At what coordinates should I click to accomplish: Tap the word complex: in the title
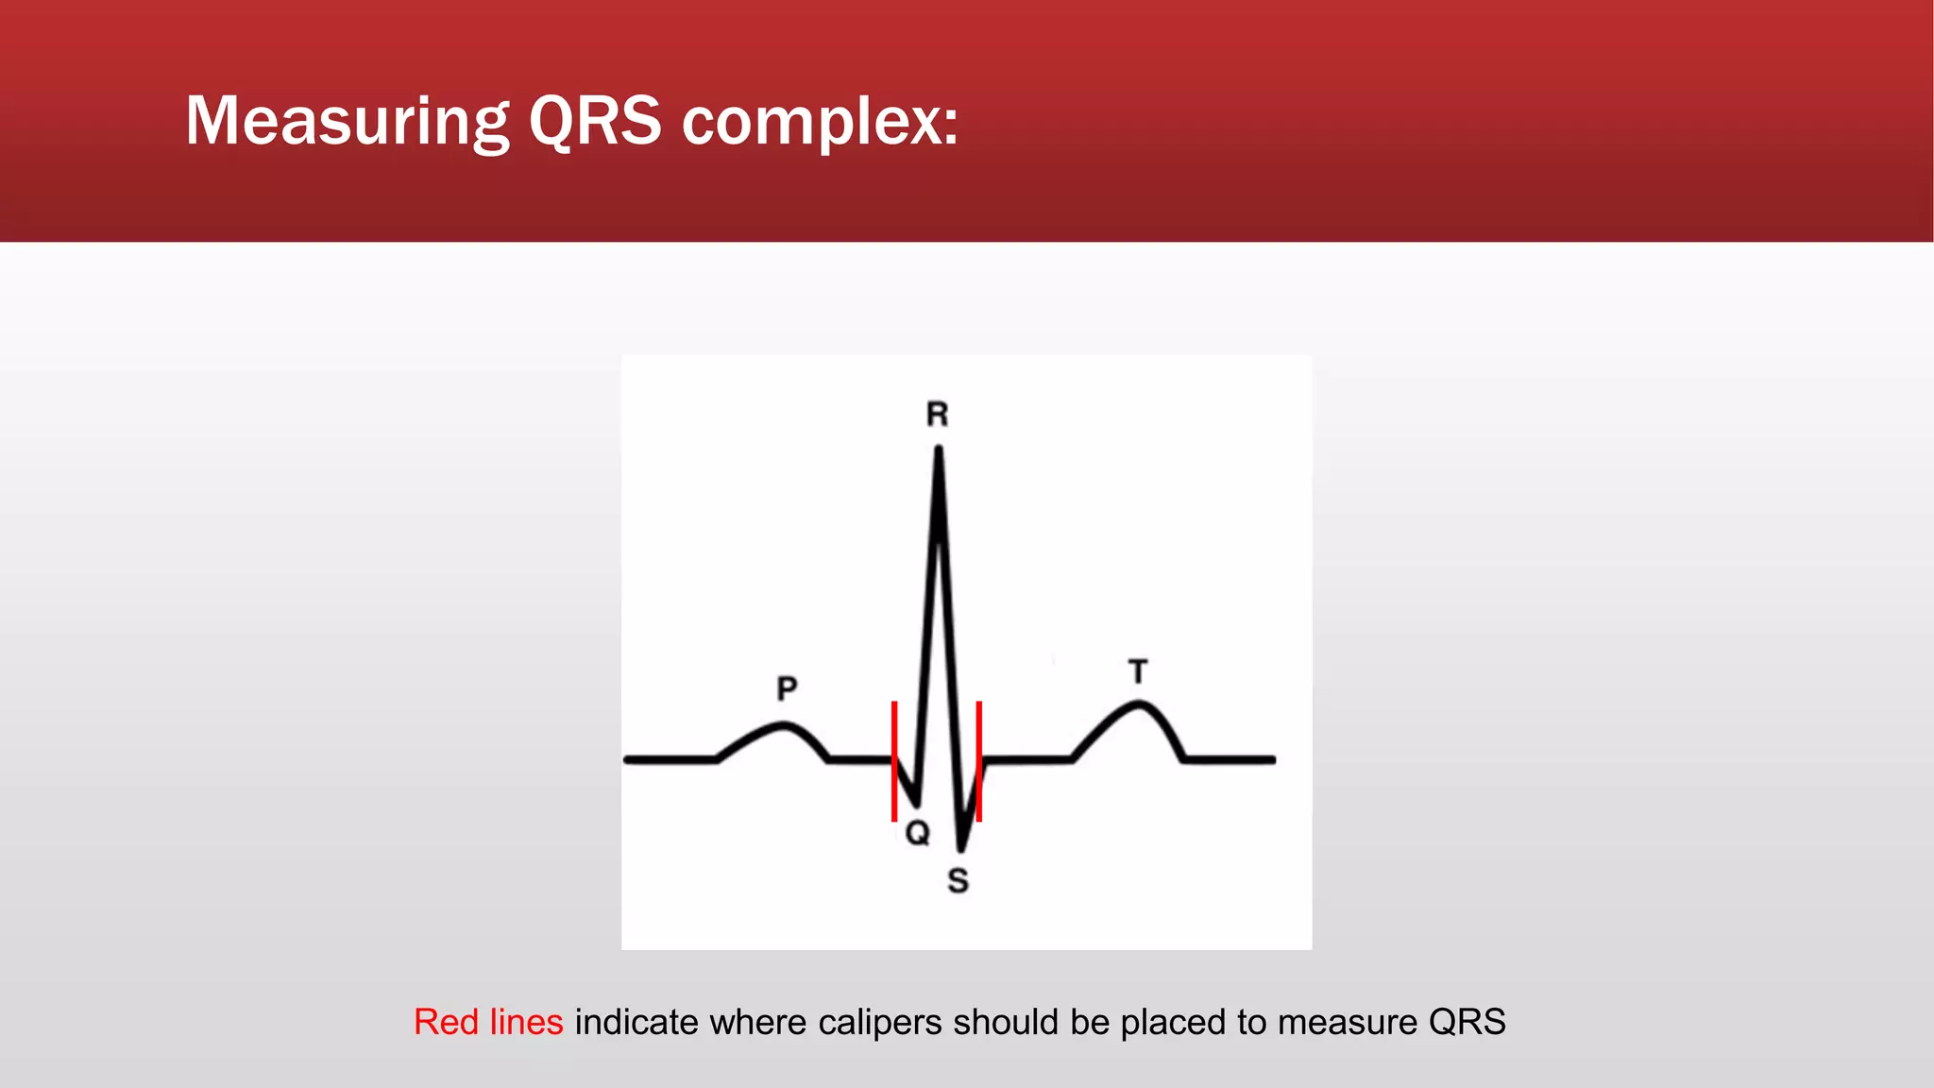coord(820,123)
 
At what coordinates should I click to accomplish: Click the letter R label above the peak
coord(937,415)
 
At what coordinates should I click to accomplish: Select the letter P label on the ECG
coord(787,688)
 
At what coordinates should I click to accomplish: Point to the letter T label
coord(1138,672)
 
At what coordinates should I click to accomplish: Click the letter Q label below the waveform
coord(918,833)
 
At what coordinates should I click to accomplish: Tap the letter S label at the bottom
coord(958,880)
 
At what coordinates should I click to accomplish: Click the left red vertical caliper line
coord(893,760)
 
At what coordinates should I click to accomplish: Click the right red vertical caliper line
coord(979,760)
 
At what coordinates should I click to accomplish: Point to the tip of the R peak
coord(938,450)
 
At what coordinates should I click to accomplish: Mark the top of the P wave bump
coord(783,724)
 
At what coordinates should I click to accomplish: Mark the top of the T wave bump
coord(1140,703)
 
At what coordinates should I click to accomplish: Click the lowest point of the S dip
coord(960,848)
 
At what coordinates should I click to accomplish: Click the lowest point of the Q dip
coord(916,803)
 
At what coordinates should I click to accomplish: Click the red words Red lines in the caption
coord(488,1022)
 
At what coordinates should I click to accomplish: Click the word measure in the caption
coord(1340,1022)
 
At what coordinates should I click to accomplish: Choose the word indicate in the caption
coord(636,1022)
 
